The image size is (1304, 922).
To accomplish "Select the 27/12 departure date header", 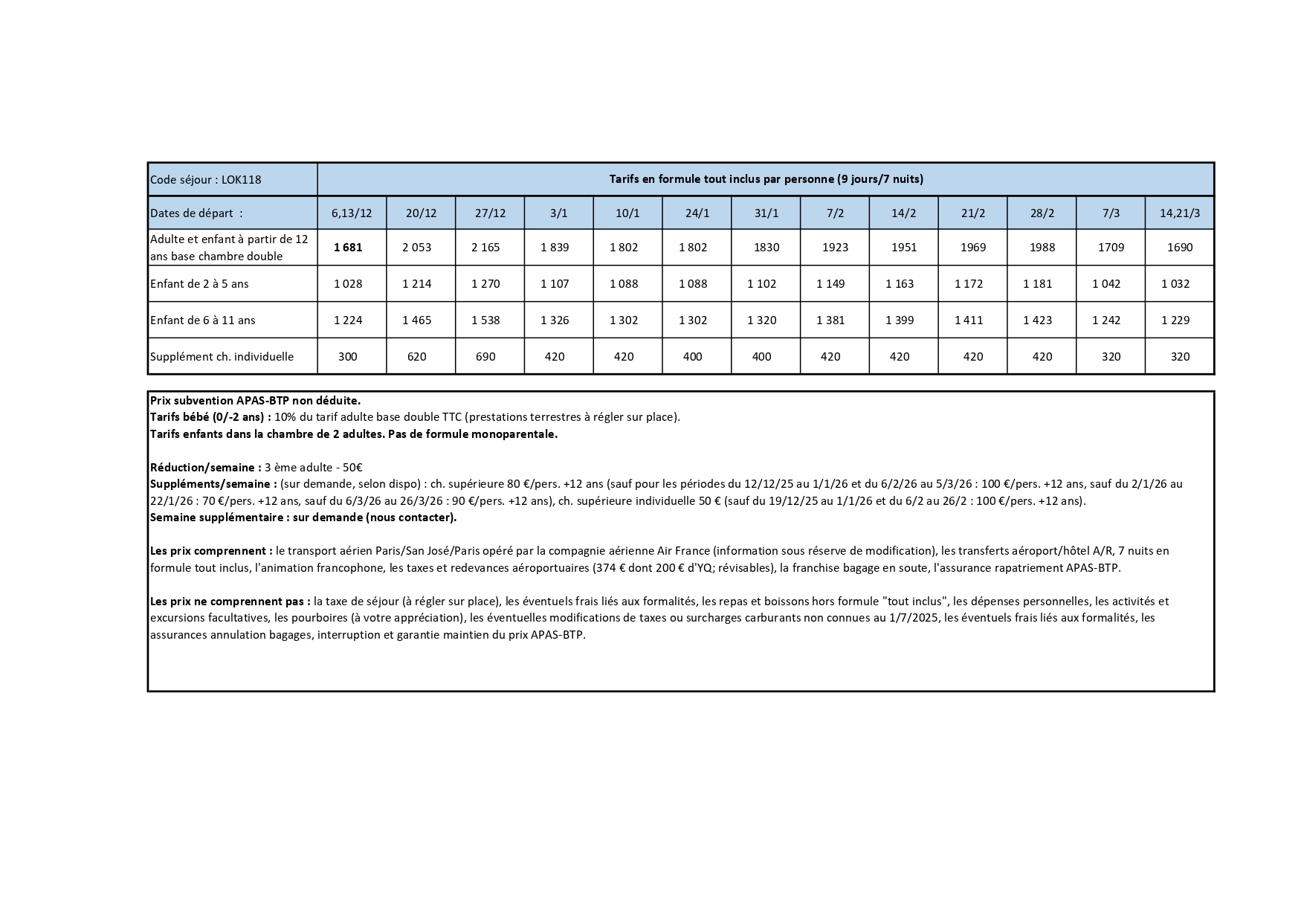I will coord(490,213).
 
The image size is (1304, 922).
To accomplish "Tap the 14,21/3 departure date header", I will coord(1180,213).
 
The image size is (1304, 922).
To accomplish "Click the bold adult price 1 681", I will coord(348,248).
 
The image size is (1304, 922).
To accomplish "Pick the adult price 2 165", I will coord(485,248).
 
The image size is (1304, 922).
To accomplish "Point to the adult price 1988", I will coord(1042,248).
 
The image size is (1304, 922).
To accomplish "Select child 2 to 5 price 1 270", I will coord(485,284).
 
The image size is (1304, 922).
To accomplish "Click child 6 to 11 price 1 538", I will coord(485,320).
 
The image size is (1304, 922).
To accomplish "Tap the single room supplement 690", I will coord(485,357).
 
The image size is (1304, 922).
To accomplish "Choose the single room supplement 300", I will coord(348,357).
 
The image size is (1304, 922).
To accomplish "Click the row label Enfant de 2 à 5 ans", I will coord(199,284).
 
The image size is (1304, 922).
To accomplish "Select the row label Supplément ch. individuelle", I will coord(222,357).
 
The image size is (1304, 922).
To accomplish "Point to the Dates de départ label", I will coord(196,213).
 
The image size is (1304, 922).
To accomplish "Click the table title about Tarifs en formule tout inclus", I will coord(766,179).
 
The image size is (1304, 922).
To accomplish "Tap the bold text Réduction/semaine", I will coord(205,468).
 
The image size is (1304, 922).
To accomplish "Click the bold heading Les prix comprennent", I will coord(211,551).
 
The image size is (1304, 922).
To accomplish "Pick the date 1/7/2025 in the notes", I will coord(914,618).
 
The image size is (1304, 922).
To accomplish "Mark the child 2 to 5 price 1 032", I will coord(1175,284).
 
